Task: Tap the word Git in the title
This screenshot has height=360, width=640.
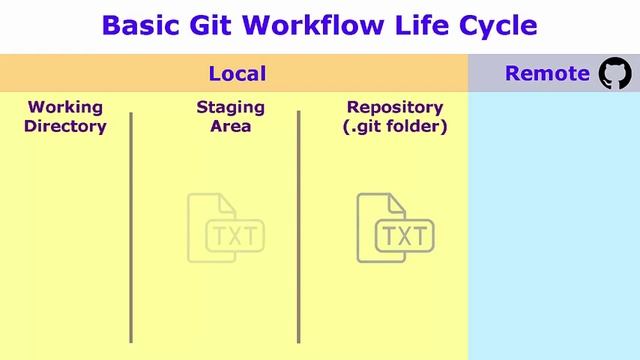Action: tap(216, 26)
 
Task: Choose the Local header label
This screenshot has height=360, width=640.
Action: tap(237, 73)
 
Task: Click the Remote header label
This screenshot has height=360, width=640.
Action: tap(547, 73)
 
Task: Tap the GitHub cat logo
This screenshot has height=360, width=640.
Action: tap(614, 73)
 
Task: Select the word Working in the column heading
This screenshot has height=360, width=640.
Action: tap(65, 107)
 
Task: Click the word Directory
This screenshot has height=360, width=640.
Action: tap(65, 126)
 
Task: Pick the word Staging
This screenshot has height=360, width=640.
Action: tap(230, 107)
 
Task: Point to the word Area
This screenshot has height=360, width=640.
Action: tap(230, 126)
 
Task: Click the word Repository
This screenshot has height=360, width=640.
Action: tap(394, 107)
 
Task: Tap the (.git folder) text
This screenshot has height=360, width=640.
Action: tap(396, 126)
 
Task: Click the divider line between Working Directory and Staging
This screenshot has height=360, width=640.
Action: tap(131, 228)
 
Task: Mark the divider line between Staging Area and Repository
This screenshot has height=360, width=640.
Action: tap(298, 228)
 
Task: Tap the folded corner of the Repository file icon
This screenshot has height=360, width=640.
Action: tap(396, 204)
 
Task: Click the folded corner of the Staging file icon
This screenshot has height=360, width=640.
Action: tap(226, 204)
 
